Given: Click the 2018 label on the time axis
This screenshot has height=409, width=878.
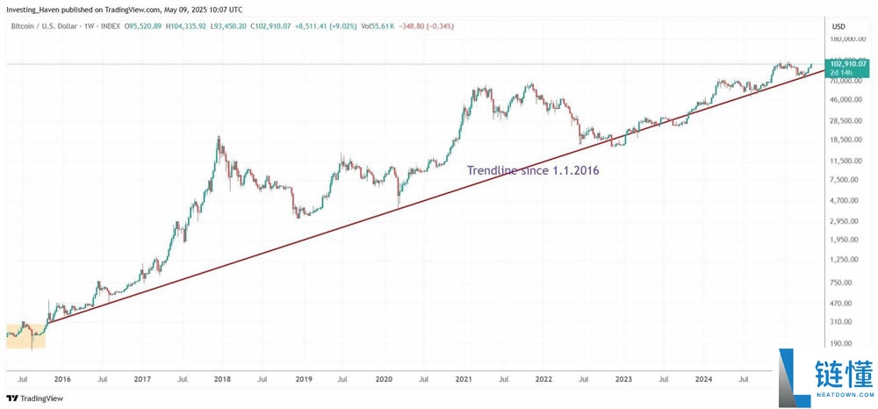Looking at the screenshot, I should click(x=222, y=379).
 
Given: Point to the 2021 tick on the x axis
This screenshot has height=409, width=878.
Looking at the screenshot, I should click(x=464, y=379).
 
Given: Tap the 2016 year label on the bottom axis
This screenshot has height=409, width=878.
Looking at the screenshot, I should click(x=62, y=379).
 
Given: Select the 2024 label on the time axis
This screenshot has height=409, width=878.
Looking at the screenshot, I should click(x=703, y=379).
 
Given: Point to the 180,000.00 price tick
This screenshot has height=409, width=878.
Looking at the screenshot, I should click(x=849, y=39).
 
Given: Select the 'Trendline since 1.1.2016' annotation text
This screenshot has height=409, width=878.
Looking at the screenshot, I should click(x=532, y=170).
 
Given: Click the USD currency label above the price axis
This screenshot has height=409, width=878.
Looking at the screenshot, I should click(x=838, y=27).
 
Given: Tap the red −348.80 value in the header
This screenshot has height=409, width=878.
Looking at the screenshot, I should click(x=421, y=26).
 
